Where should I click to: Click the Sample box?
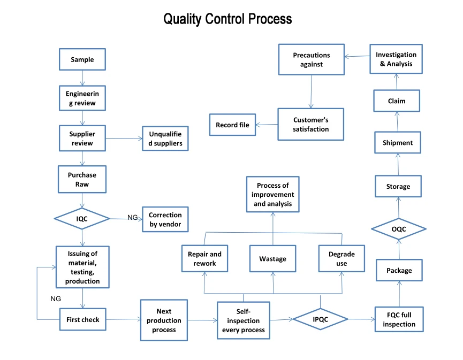point(82,59)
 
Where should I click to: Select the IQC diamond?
point(82,219)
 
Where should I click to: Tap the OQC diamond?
point(399,229)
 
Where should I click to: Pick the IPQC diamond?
point(321,319)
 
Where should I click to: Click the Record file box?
point(232,125)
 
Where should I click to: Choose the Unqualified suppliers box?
point(165,139)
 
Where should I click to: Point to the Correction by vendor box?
point(165,219)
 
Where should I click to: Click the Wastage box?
point(273,258)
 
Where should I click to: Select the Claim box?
point(397,101)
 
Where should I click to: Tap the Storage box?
point(398,186)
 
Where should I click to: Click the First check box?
point(82,319)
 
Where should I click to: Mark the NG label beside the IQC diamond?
point(133,218)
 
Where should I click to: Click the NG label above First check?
point(56,298)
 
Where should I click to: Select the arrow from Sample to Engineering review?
point(82,78)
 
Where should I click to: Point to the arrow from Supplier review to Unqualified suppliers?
point(124,139)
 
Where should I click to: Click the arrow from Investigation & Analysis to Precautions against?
point(357,56)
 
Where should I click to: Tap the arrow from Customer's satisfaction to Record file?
point(267,125)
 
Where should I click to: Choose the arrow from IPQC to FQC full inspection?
point(362,319)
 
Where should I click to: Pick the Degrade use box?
point(341,258)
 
